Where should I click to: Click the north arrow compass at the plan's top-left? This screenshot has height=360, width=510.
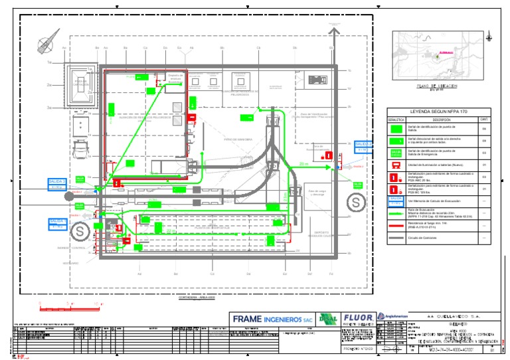coord(46,44)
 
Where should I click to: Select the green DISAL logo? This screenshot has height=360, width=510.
coord(327,319)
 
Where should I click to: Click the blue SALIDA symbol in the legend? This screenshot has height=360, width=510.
coord(396,199)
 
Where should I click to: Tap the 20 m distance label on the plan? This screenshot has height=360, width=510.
coord(303,163)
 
